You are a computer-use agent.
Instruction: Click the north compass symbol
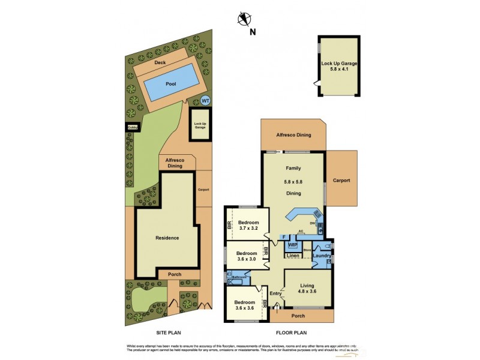coord(244,19)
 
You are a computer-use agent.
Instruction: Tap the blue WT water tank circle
coord(205,101)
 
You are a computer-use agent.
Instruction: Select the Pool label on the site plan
coord(171,85)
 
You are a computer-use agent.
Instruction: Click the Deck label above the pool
coord(160,62)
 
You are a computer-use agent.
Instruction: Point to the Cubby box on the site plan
coord(131,127)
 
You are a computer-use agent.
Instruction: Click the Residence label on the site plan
coord(167,238)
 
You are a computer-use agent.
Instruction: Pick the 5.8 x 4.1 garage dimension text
coord(339,68)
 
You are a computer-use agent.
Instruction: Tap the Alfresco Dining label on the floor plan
coord(293,134)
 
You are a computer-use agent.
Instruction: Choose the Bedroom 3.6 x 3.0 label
coord(245,256)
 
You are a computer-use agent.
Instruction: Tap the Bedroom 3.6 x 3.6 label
coord(245,306)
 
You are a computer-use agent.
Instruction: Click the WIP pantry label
coord(293,245)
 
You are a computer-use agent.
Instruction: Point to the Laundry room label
coord(322,256)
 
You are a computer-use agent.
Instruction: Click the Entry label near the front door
coord(275,293)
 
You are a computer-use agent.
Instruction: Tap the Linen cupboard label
coord(293,256)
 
